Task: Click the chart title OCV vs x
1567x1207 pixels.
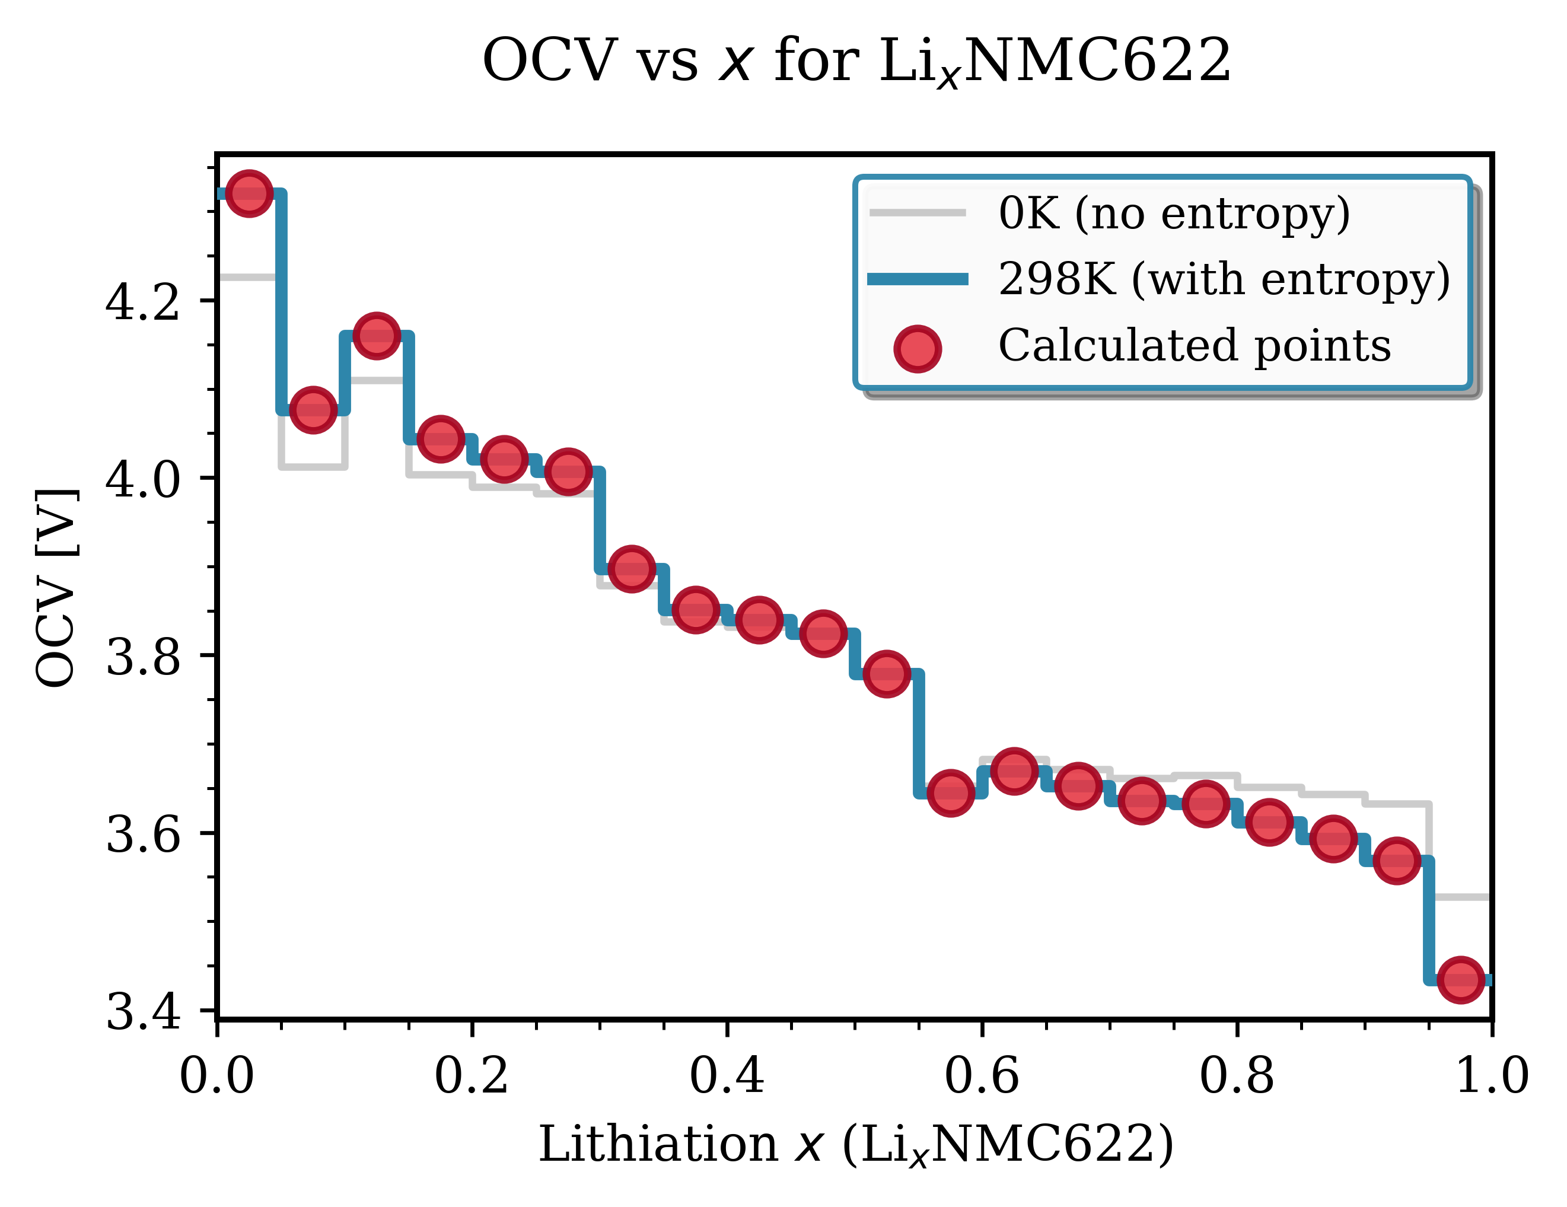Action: coord(856,62)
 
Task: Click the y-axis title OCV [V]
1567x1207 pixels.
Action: coord(56,588)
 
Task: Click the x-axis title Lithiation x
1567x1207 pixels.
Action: coord(855,1143)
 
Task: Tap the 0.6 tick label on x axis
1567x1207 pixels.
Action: coord(982,1077)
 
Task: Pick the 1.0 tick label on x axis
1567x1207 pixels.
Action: coord(1491,1077)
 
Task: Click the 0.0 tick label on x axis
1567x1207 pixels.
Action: coord(216,1077)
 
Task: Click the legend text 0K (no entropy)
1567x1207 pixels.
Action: coord(1174,213)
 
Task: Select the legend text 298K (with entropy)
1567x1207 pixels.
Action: coord(1224,278)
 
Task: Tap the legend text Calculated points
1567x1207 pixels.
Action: coord(1195,345)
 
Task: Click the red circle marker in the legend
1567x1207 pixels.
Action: coord(918,349)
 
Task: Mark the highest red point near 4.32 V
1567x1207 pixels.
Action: coord(249,193)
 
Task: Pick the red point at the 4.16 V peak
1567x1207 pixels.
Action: coord(377,335)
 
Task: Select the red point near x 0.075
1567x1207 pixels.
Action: coord(313,410)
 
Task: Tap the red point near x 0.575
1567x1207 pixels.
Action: coord(951,793)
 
